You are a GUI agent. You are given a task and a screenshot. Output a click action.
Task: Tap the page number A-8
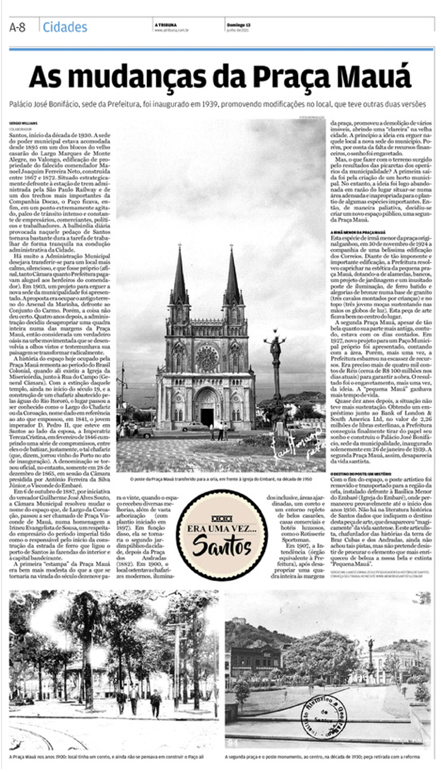17,27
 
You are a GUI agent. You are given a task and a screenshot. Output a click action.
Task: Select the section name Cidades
65,27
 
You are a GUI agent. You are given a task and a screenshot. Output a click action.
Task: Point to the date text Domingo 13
238,25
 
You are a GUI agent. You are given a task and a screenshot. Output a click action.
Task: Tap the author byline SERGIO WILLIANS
23,123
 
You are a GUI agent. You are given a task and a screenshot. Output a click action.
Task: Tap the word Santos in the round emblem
222,546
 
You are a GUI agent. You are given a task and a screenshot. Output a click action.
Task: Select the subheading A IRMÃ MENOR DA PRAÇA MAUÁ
358,232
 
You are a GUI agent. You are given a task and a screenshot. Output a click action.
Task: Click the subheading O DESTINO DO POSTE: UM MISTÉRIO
361,474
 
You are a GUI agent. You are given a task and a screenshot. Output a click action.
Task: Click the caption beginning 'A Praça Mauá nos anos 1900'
106,757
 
